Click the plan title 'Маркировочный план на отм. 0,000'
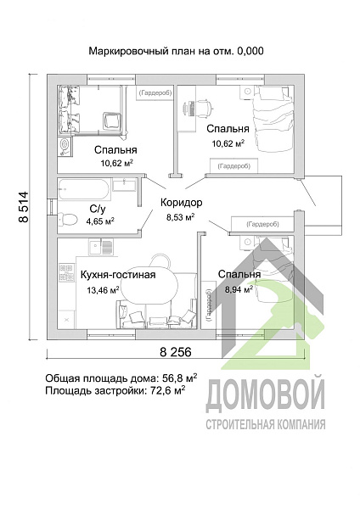click(x=177, y=51)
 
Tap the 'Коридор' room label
click(x=180, y=202)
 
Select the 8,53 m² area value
click(x=178, y=217)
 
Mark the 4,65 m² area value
click(x=100, y=221)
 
